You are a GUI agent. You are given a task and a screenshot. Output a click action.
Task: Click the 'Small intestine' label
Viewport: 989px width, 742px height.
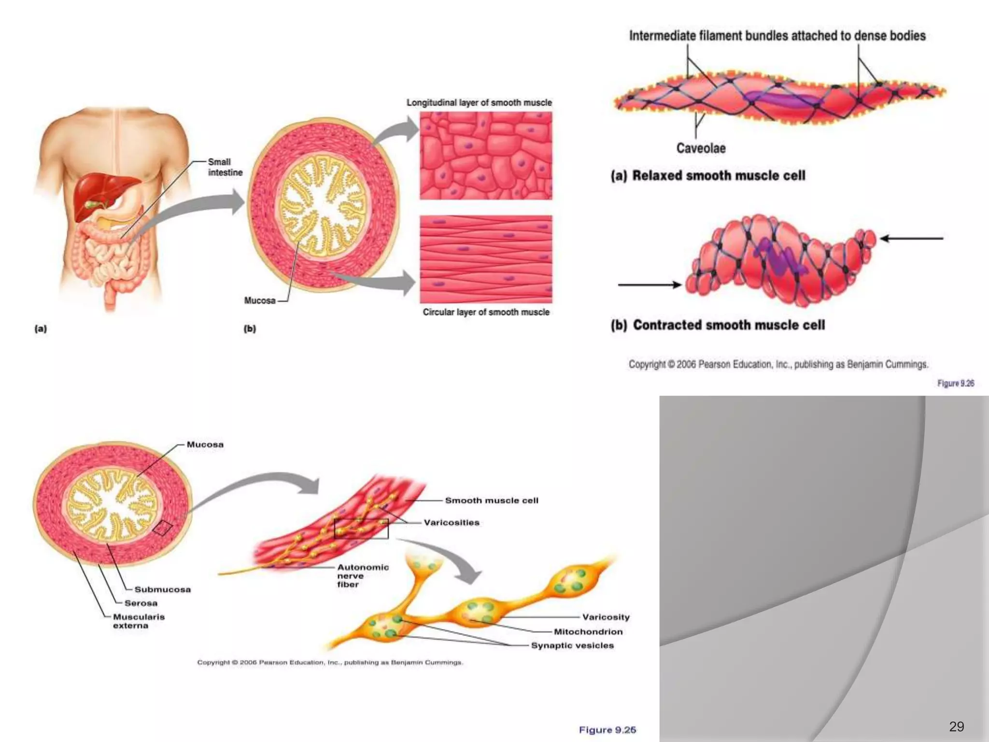(x=225, y=167)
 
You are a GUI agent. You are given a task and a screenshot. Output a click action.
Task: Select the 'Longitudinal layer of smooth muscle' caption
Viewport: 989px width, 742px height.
(x=479, y=102)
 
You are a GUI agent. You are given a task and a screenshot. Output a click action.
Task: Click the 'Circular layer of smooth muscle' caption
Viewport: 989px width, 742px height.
(x=486, y=312)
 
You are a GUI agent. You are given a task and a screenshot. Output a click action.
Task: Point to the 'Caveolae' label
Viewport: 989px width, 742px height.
(x=701, y=148)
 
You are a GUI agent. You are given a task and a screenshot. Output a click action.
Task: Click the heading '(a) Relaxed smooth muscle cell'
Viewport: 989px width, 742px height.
(x=708, y=175)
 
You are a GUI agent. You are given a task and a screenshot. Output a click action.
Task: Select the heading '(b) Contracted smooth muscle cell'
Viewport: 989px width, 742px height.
(x=718, y=325)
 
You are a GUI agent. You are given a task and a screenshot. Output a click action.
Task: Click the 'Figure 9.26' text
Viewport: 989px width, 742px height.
(x=956, y=383)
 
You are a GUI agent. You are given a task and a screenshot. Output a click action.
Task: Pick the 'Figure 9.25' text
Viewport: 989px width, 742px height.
(x=608, y=729)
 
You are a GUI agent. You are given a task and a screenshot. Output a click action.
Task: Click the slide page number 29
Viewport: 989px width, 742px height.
(x=956, y=726)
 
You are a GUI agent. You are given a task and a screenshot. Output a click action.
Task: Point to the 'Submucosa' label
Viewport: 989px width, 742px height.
(x=163, y=589)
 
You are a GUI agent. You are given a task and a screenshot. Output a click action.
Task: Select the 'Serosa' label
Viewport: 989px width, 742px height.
(x=141, y=603)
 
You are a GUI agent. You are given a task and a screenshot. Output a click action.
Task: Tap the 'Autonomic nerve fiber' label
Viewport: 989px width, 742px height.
(x=362, y=576)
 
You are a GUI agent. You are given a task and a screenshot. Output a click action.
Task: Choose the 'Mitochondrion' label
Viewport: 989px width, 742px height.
(x=588, y=631)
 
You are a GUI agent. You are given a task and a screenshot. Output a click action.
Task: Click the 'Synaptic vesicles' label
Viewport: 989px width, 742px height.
(x=572, y=645)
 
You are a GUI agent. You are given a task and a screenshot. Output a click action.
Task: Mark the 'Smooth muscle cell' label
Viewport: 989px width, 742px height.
(x=492, y=500)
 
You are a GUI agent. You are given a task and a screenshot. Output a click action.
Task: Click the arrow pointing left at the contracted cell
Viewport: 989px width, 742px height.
(x=912, y=238)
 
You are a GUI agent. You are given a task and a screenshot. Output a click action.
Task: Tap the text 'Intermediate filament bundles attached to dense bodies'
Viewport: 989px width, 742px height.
(x=777, y=36)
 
